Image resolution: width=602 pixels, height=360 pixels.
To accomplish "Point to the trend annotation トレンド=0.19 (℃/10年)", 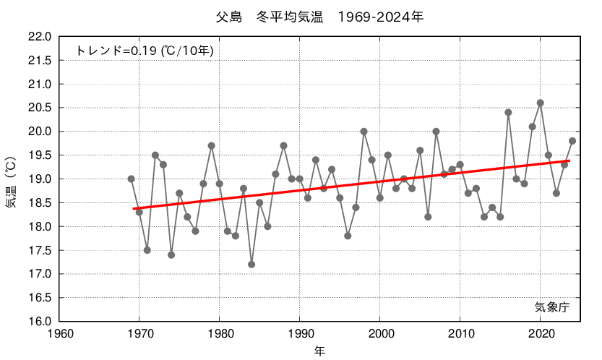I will point(145,51).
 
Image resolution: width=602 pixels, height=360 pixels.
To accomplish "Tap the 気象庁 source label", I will point(552,307).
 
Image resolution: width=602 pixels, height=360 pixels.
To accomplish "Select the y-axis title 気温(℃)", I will point(12,178).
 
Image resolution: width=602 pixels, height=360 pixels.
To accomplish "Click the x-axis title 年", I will point(319,351).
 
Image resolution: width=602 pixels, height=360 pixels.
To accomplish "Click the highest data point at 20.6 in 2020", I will point(541,103).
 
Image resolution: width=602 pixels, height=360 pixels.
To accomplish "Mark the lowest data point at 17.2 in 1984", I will point(251,265).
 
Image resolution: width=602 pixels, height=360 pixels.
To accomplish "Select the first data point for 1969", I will point(132,179).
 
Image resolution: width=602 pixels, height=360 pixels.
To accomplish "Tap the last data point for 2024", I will point(572,141).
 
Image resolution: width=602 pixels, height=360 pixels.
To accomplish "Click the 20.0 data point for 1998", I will point(364,132).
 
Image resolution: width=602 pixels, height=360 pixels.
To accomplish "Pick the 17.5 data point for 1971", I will point(147,250).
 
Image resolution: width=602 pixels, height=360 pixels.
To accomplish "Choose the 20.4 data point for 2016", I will point(508,112).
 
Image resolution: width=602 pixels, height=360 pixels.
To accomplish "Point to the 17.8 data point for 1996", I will point(348,236).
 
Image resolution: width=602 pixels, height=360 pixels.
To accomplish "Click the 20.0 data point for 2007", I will point(436,132).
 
